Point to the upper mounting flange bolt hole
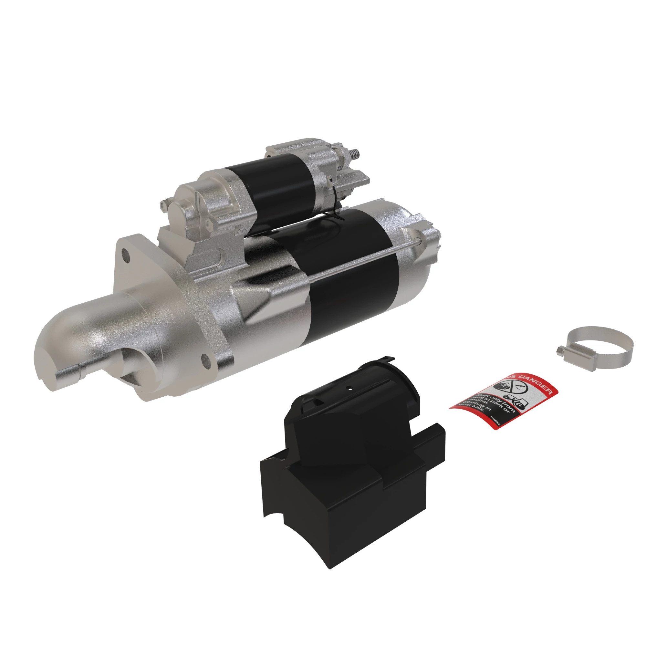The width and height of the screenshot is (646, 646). coord(126,255)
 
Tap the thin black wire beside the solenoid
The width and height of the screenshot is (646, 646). coord(334,204)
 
